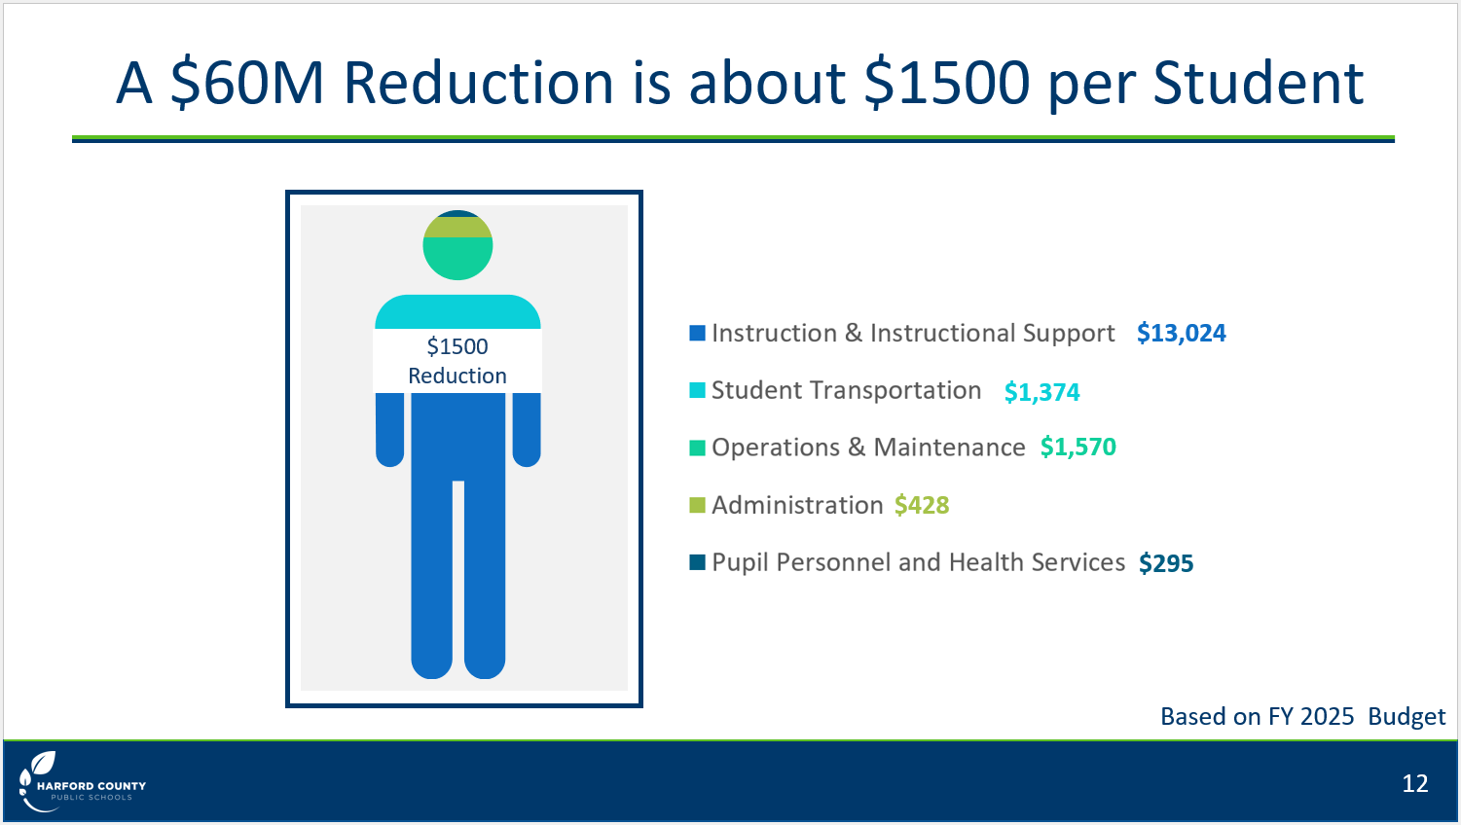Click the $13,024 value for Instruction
pos(1182,333)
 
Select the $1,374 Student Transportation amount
pos(1041,392)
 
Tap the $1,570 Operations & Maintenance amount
pos(1078,448)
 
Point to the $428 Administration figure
pos(922,505)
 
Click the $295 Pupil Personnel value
pos(1166,563)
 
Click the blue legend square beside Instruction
pos(697,333)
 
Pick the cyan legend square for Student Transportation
pos(697,390)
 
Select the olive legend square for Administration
pos(697,505)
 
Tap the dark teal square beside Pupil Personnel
pos(697,561)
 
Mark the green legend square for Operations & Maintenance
pos(697,448)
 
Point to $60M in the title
pos(247,83)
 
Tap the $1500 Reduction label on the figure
pos(457,361)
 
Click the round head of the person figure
pos(457,245)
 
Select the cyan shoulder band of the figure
pos(457,312)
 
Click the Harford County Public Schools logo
pos(82,782)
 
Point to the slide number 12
pos(1414,783)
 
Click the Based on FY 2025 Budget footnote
pos(1302,716)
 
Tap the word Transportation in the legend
pos(895,390)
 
